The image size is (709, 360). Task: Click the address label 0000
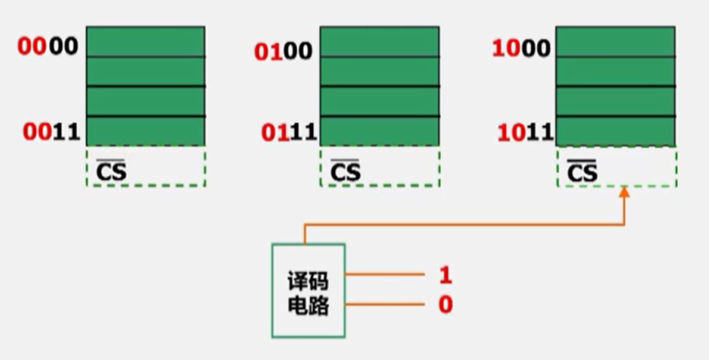pyautogui.click(x=48, y=47)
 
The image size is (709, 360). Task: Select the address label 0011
pyautogui.click(x=51, y=132)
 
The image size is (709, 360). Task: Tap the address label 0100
pyautogui.click(x=284, y=52)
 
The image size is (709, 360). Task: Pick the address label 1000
pyautogui.click(x=521, y=49)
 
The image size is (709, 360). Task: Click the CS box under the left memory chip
pyautogui.click(x=145, y=166)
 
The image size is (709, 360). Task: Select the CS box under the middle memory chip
pyautogui.click(x=379, y=166)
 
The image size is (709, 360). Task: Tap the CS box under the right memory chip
pyautogui.click(x=616, y=166)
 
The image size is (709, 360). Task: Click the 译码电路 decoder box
pyautogui.click(x=308, y=291)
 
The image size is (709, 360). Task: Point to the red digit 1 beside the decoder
pyautogui.click(x=445, y=275)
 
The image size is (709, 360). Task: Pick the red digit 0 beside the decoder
pyautogui.click(x=445, y=304)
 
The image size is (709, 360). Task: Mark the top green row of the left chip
pyautogui.click(x=145, y=41)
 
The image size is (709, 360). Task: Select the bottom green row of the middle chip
pyautogui.click(x=379, y=131)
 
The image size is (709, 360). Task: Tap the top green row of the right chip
pyautogui.click(x=616, y=41)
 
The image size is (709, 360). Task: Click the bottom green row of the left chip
pyautogui.click(x=145, y=131)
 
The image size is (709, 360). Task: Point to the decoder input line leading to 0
pyautogui.click(x=384, y=304)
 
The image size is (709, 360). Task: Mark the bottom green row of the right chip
pyautogui.click(x=616, y=131)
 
